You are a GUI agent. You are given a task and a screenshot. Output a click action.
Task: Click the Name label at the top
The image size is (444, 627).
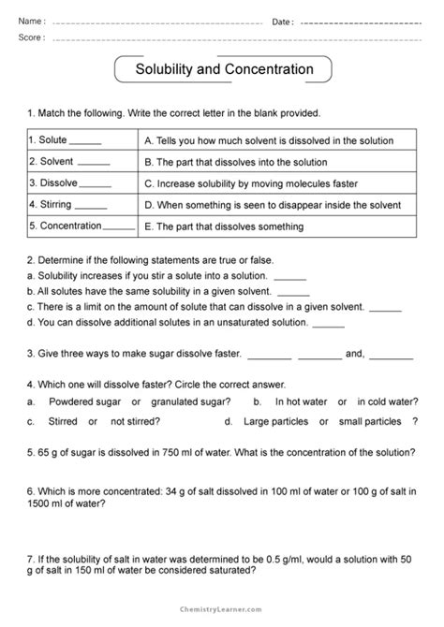tap(31, 22)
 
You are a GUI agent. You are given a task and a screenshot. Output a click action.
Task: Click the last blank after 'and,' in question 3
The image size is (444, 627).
tap(392, 357)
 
